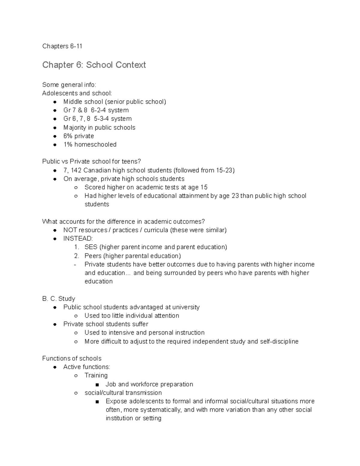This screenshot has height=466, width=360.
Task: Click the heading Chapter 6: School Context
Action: (94, 65)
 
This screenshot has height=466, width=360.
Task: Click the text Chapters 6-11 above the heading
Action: (62, 46)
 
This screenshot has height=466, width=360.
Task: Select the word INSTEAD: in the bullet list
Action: (78, 239)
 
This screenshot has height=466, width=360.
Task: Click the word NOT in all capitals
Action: (70, 230)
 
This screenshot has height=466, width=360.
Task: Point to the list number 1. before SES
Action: (76, 247)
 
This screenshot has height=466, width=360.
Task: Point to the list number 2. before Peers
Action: (76, 256)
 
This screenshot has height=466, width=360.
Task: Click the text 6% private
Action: (79, 136)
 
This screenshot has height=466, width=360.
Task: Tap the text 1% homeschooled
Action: (90, 145)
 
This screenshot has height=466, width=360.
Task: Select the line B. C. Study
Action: (58, 299)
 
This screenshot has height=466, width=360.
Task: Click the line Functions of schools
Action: (72, 359)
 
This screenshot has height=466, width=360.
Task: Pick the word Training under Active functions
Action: (96, 375)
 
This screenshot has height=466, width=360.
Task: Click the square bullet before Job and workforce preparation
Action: (97, 385)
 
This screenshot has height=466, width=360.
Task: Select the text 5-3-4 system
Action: (113, 119)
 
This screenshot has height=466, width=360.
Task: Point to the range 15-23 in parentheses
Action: (224, 170)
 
